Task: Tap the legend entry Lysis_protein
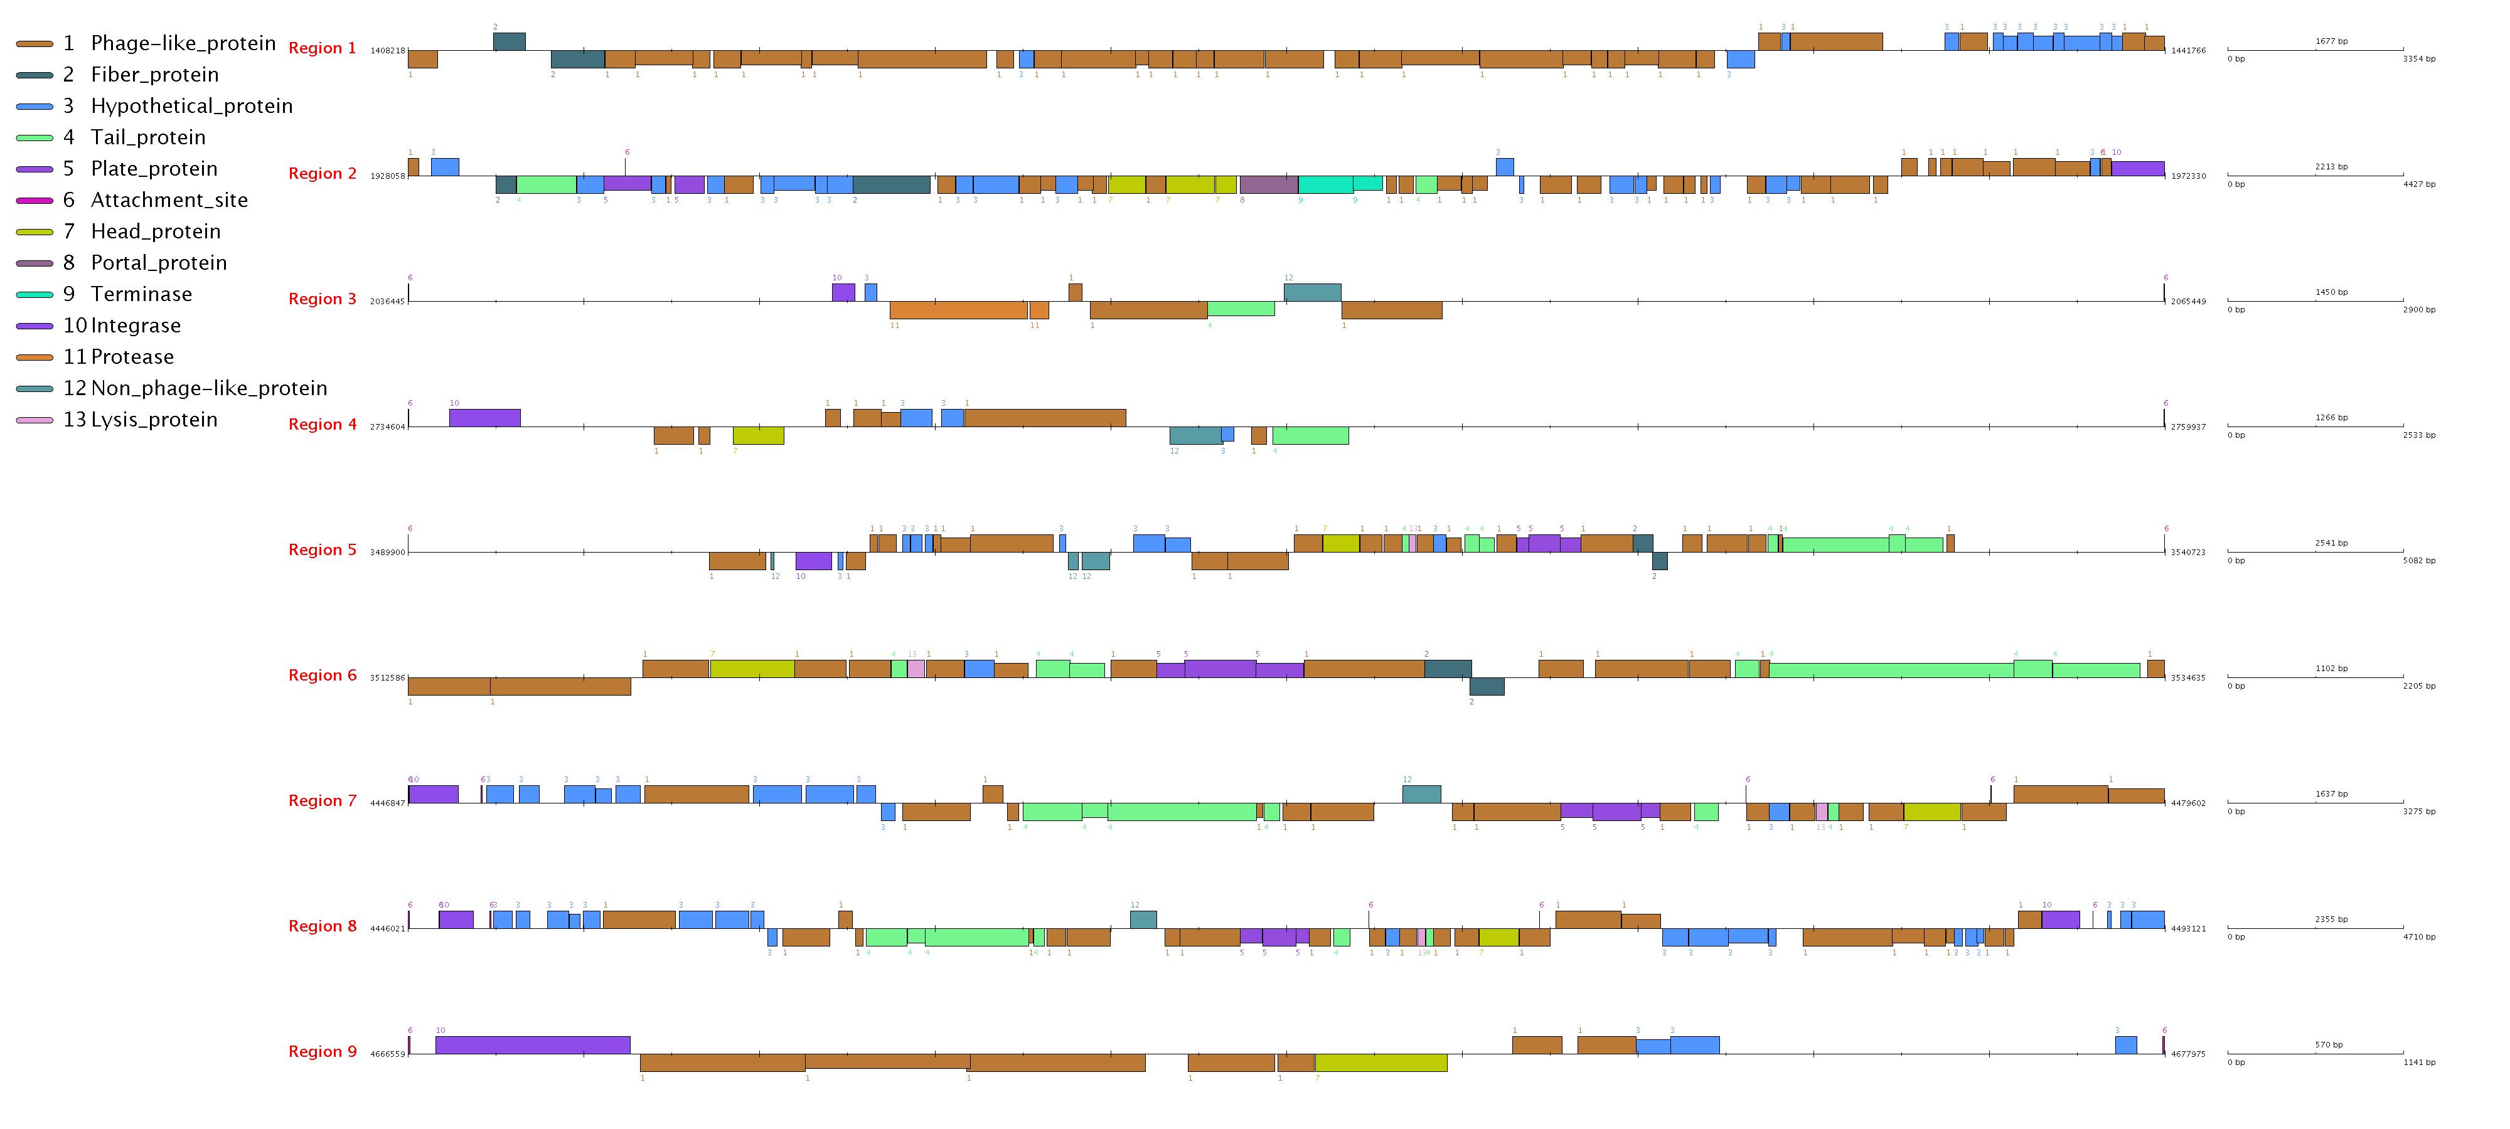click(x=154, y=420)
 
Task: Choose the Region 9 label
click(x=323, y=1052)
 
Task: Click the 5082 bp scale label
click(x=2420, y=561)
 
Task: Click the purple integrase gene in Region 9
click(x=533, y=1045)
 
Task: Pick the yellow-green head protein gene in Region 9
click(x=1380, y=1063)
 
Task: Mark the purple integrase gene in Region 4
click(x=484, y=418)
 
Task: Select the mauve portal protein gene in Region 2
click(x=1269, y=185)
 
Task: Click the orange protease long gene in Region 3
click(x=958, y=310)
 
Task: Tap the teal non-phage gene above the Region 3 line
click(x=1313, y=292)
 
